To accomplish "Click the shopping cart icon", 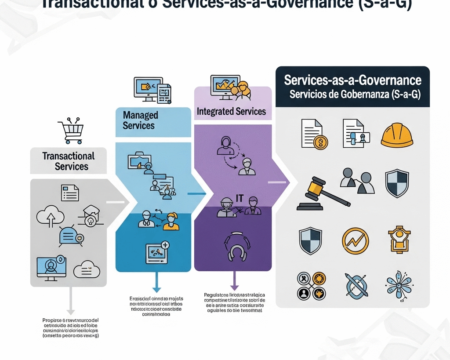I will (x=70, y=131).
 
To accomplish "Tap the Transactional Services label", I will (x=69, y=161).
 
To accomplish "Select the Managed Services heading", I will (x=139, y=120).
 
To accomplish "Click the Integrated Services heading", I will (x=231, y=111).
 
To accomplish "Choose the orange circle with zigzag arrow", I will (x=355, y=241).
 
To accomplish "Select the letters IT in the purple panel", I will (x=240, y=198).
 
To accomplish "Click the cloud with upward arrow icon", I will (x=51, y=217).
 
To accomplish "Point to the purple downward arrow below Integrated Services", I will (x=234, y=281).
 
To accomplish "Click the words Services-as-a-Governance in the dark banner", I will (x=352, y=80).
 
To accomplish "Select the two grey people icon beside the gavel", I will (x=357, y=180).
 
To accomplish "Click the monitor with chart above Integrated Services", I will (x=225, y=87).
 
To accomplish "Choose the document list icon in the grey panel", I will (x=70, y=193).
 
